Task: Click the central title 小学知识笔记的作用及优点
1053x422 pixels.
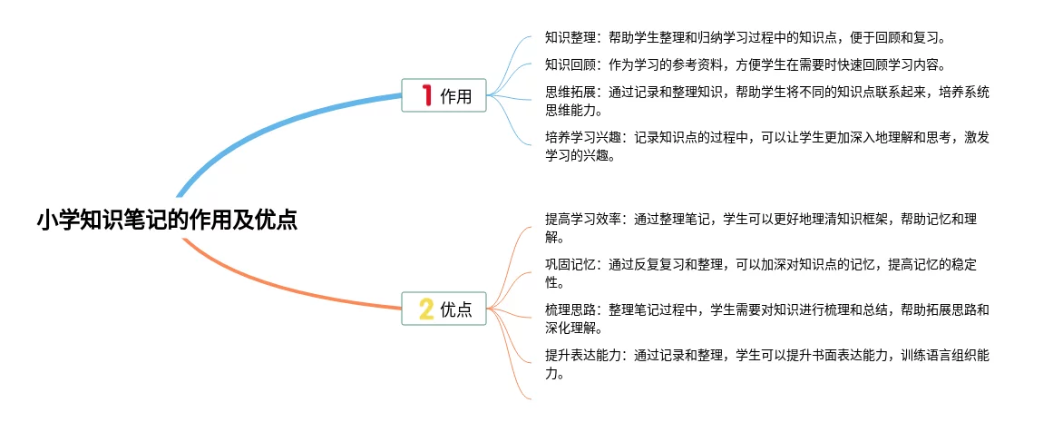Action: click(x=167, y=220)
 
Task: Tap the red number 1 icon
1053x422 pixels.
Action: click(x=426, y=95)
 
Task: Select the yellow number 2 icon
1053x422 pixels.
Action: click(x=426, y=309)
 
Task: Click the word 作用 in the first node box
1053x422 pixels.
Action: click(x=456, y=96)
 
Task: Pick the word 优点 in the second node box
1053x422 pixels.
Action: click(x=456, y=309)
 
